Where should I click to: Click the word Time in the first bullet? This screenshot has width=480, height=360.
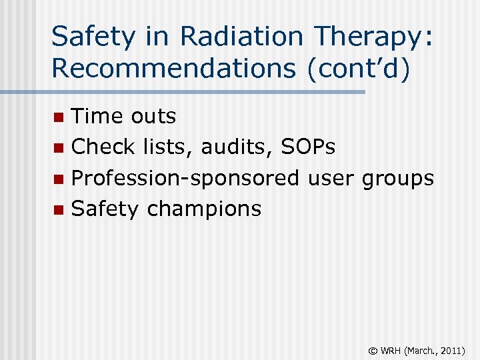coord(97,116)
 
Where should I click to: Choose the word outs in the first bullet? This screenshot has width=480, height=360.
coord(153,116)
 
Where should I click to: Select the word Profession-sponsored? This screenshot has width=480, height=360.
coord(185,178)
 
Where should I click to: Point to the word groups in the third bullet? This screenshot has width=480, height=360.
coord(397,178)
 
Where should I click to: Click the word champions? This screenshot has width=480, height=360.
coord(204,209)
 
